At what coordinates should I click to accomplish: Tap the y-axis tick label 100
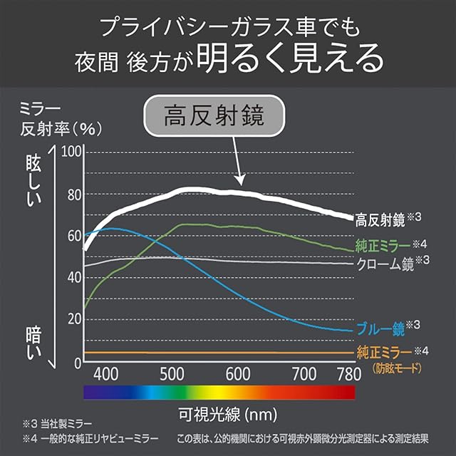73,152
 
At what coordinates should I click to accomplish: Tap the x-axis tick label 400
105,373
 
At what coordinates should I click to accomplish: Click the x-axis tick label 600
238,373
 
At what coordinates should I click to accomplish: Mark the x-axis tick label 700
304,373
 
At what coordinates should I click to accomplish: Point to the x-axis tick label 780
349,373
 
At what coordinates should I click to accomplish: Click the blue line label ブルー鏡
380,329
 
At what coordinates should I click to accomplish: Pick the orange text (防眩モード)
397,368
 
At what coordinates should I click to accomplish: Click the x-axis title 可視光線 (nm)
219,413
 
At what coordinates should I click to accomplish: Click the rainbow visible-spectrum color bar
219,392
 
